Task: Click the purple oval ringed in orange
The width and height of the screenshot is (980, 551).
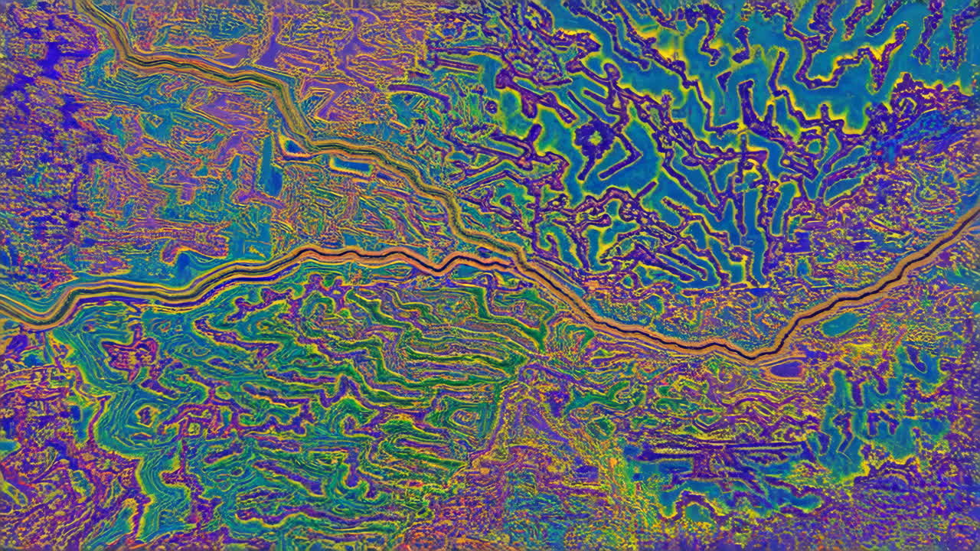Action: pyautogui.click(x=786, y=368)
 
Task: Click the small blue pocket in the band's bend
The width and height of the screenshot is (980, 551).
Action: pyautogui.click(x=292, y=145)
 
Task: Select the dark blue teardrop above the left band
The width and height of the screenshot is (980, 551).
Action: pyautogui.click(x=183, y=264)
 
